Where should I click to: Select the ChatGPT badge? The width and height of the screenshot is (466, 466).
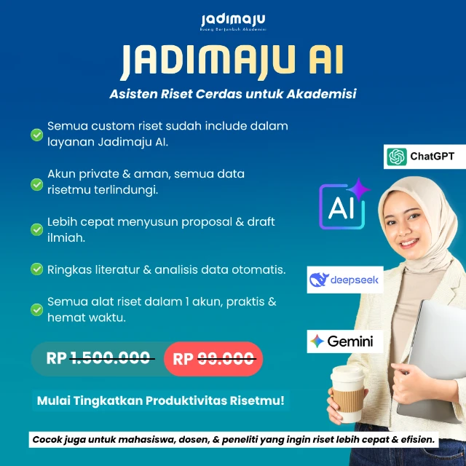coord(424,157)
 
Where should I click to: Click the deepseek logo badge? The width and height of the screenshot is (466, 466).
coord(344,280)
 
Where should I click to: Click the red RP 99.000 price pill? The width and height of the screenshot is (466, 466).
coord(213,358)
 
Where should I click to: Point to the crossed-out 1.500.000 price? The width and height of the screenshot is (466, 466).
coord(111,358)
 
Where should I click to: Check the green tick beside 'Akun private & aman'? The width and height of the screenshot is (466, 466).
coord(36,184)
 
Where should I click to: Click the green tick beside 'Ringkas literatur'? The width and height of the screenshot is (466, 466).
coord(36,269)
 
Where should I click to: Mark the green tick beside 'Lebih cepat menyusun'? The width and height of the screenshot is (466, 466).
coord(36,229)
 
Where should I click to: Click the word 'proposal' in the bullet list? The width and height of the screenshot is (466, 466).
coord(219,221)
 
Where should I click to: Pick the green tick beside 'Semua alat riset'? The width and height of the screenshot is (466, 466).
coord(36,309)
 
